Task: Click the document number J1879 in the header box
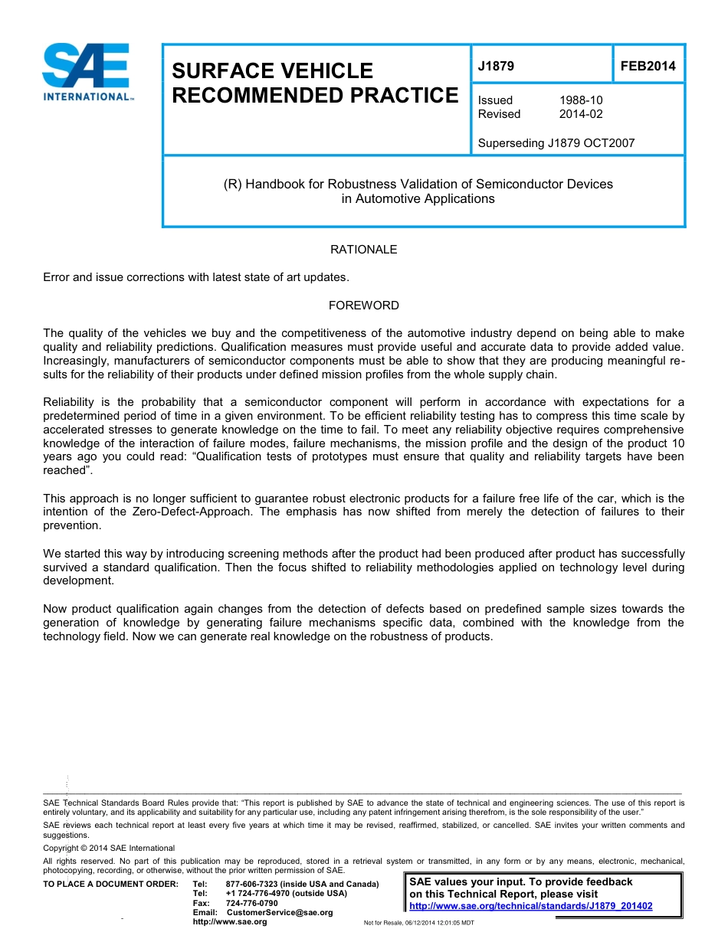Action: (496, 67)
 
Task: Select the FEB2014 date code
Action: (648, 67)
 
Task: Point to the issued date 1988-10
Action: (581, 100)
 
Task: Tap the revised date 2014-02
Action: (581, 114)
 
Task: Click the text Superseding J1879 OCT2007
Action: (556, 142)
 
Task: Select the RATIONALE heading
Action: (363, 250)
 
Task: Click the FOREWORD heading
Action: (363, 306)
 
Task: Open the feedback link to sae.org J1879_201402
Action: (531, 906)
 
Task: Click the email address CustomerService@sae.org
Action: (280, 912)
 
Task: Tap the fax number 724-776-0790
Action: (252, 903)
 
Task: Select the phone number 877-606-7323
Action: (252, 885)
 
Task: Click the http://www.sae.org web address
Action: (230, 921)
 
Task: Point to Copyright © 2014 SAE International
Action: (109, 848)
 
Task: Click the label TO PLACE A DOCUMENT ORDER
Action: (110, 885)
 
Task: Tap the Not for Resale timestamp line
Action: (418, 923)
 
